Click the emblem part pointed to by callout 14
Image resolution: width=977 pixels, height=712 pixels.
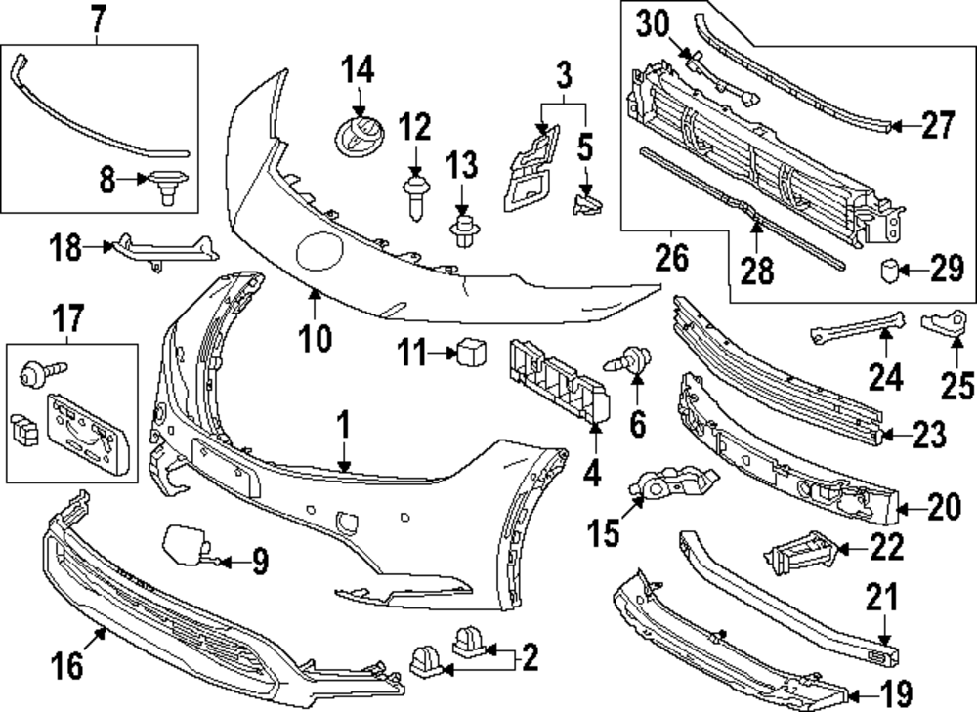coord(360,137)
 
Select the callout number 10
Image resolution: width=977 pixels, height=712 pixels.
coord(315,339)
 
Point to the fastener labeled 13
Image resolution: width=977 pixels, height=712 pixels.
coord(461,231)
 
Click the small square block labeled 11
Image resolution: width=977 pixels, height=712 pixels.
coord(472,352)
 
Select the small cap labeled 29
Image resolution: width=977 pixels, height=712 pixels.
coord(888,271)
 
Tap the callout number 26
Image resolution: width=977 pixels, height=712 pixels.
coord(672,259)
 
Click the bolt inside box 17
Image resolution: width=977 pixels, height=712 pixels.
coord(43,372)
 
